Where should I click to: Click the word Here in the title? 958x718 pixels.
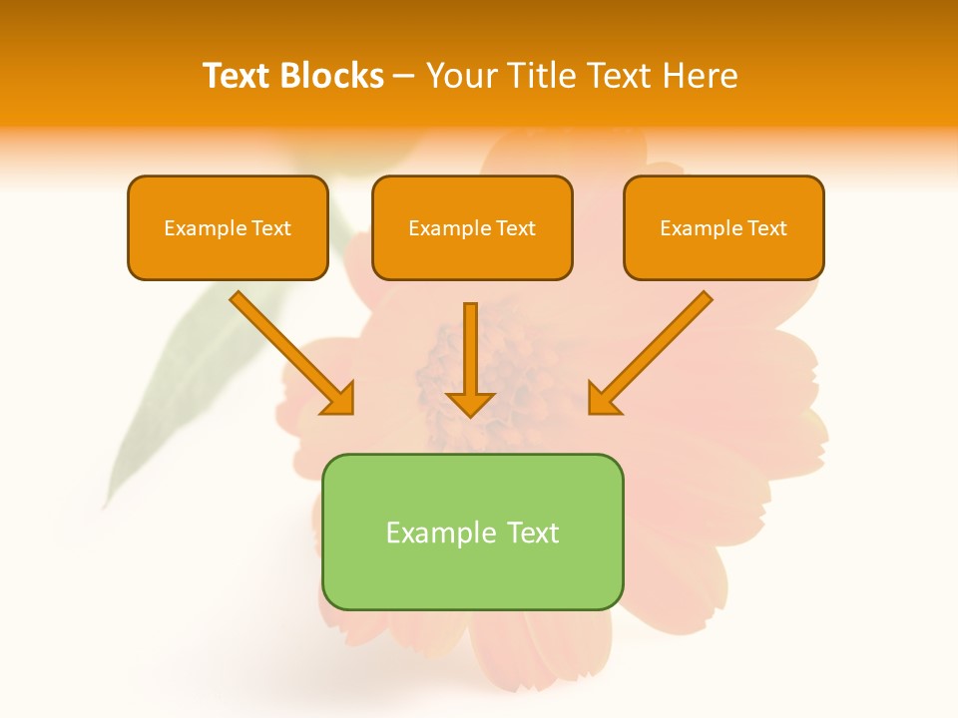pos(700,76)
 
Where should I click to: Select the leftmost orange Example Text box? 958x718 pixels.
pos(228,227)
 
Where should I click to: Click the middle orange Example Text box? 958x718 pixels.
pos(472,227)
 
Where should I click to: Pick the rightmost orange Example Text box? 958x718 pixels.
pos(723,227)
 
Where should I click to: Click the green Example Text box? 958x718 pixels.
pos(472,532)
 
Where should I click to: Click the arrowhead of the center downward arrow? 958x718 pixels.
pos(471,403)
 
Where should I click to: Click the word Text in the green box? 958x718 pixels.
pos(534,533)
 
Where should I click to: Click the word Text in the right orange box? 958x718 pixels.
pos(766,228)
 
